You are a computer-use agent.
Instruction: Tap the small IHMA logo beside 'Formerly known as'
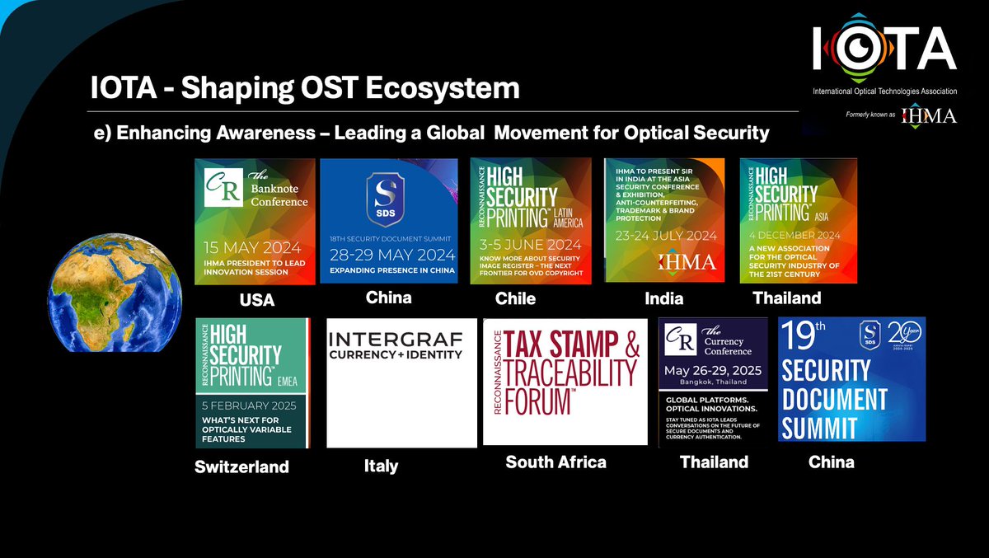point(929,115)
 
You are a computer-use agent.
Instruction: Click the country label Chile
point(516,298)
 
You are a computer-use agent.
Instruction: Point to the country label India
point(664,298)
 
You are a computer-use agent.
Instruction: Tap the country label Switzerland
point(241,467)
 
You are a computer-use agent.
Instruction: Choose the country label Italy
point(381,466)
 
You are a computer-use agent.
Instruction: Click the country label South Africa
point(555,462)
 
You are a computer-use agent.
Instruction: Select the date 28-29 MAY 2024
point(388,254)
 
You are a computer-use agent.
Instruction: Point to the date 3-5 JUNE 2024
point(531,245)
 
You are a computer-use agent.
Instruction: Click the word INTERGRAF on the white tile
point(396,339)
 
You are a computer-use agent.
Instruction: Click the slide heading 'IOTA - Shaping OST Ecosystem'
point(305,88)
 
